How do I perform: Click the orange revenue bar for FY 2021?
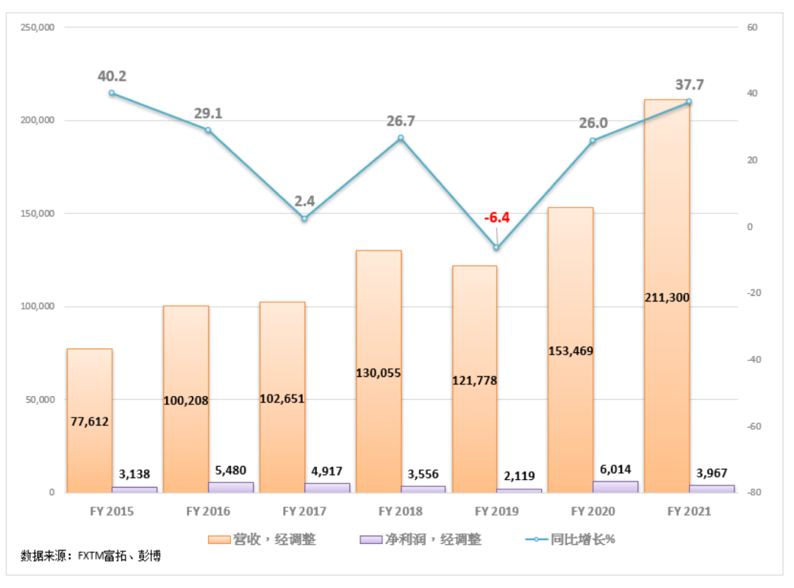click(666, 220)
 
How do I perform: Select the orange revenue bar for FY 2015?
click(90, 456)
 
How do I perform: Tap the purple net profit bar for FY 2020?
click(615, 487)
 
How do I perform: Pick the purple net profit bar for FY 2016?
click(231, 487)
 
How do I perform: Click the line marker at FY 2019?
click(496, 248)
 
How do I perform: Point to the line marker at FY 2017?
click(304, 218)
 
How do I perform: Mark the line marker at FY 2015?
click(112, 93)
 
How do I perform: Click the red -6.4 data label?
click(497, 218)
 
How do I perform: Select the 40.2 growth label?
click(112, 76)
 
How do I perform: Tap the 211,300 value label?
click(667, 298)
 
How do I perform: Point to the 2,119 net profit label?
click(519, 474)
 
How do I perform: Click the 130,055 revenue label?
click(379, 373)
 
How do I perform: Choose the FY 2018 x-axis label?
click(401, 511)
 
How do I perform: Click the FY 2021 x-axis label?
click(689, 511)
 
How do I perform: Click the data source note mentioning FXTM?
click(90, 556)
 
